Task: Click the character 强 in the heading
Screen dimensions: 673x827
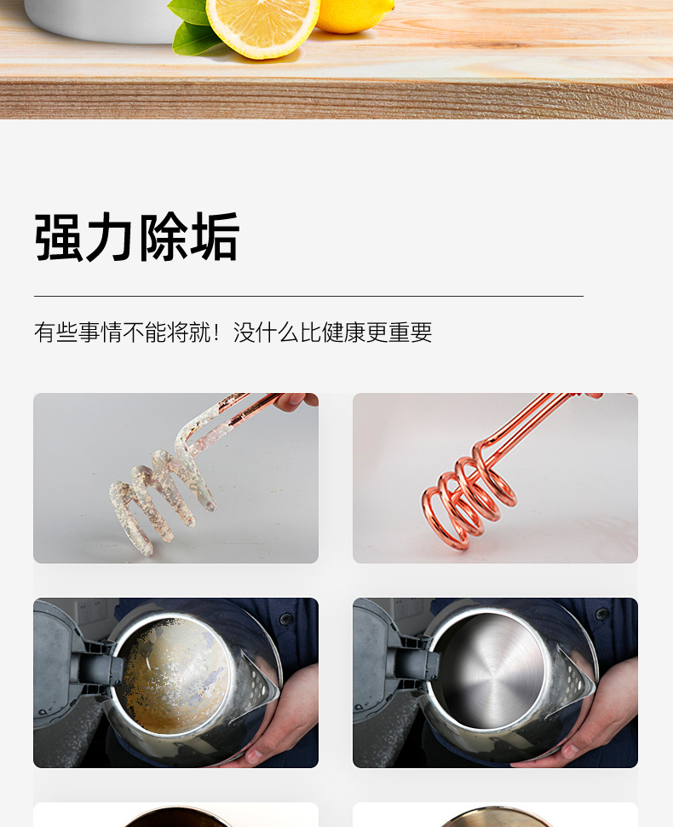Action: (58, 237)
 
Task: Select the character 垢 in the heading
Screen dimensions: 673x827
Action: (215, 237)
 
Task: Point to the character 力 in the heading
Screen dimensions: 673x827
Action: (110, 237)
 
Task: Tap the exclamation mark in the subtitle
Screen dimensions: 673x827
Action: (216, 333)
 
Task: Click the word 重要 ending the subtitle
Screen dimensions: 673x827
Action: (410, 333)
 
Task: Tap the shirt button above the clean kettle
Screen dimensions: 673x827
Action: (602, 614)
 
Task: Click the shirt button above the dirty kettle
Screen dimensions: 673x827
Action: (285, 618)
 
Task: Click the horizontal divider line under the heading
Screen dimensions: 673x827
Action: (309, 297)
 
